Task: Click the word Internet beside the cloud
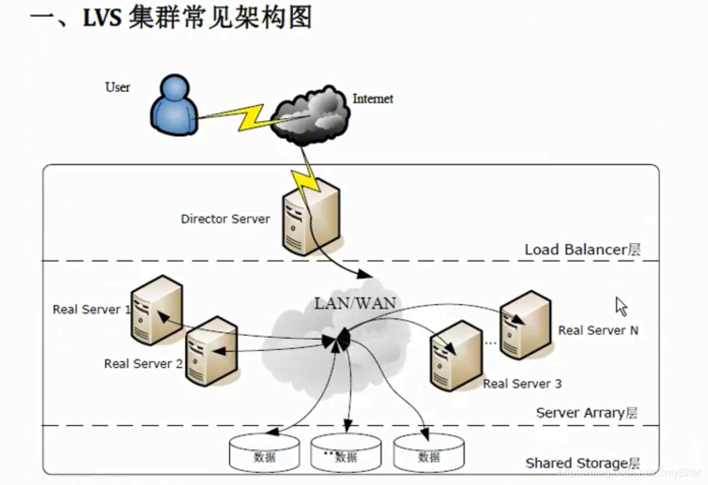[373, 99]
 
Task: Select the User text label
[117, 87]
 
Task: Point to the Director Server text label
[225, 219]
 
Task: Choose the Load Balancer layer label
[582, 249]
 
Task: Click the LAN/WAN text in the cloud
[354, 303]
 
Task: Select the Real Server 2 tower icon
[211, 350]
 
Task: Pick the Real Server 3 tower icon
[456, 354]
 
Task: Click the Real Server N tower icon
[525, 323]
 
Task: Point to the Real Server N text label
[598, 331]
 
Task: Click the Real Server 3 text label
[522, 384]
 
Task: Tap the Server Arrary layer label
[586, 413]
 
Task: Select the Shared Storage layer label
[583, 463]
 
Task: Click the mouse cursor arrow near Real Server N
[621, 306]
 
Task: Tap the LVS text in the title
[102, 18]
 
